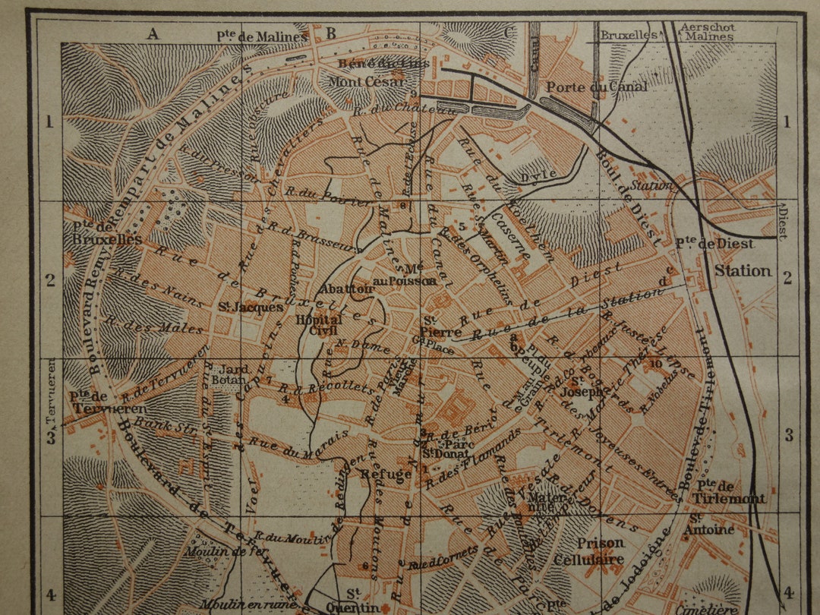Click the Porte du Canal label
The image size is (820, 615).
pyautogui.click(x=597, y=87)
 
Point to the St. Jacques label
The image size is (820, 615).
pyautogui.click(x=240, y=307)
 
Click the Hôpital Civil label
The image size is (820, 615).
pyautogui.click(x=319, y=326)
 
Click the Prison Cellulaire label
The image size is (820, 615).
pyautogui.click(x=600, y=551)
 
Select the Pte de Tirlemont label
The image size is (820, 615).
pyautogui.click(x=728, y=491)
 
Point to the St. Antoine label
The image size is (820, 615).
pyautogui.click(x=711, y=523)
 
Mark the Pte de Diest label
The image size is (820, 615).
pyautogui.click(x=714, y=244)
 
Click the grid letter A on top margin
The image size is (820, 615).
pyautogui.click(x=154, y=33)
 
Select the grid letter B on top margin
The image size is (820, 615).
pyautogui.click(x=331, y=33)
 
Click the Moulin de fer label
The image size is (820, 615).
pyautogui.click(x=216, y=552)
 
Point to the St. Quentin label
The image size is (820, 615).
pyautogui.click(x=352, y=600)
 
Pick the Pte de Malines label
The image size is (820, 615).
pyautogui.click(x=262, y=36)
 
